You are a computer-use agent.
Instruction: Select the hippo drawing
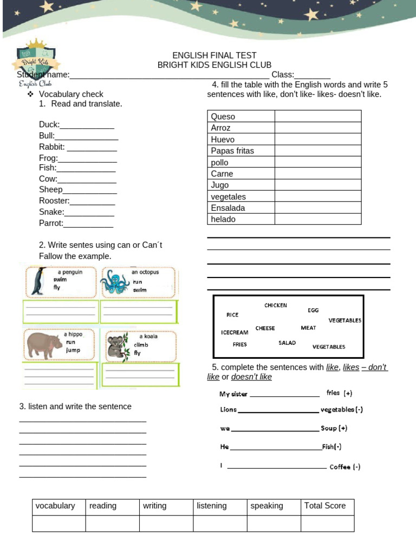pyautogui.click(x=44, y=345)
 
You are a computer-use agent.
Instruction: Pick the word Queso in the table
pyautogui.click(x=223, y=117)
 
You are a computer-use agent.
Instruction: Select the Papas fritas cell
pyautogui.click(x=232, y=151)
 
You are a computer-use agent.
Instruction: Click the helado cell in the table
pyautogui.click(x=223, y=219)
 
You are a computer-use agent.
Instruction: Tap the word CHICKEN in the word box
pyautogui.click(x=276, y=306)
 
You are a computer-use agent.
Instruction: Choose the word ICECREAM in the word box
pyautogui.click(x=235, y=332)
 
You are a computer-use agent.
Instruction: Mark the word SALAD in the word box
pyautogui.click(x=287, y=343)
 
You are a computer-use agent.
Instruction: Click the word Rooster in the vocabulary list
pyautogui.click(x=54, y=201)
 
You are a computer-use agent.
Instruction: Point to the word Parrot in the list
pyautogui.click(x=51, y=223)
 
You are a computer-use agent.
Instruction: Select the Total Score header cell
pyautogui.click(x=325, y=506)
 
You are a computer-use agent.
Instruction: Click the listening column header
pyautogui.click(x=212, y=506)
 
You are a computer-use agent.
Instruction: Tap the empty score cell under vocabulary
pyautogui.click(x=58, y=523)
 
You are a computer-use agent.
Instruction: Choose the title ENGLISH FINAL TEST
pyautogui.click(x=214, y=55)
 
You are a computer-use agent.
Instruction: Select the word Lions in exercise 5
pyautogui.click(x=229, y=410)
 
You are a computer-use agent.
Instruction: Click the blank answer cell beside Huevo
pyautogui.click(x=317, y=139)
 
